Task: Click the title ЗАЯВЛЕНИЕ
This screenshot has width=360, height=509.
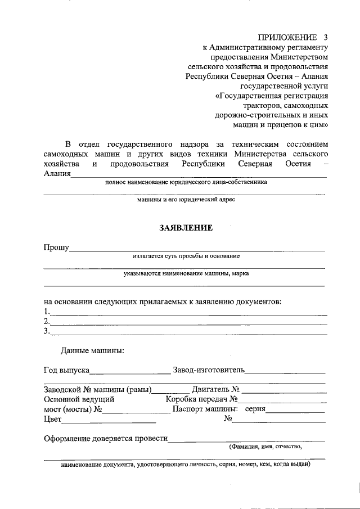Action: (x=185, y=228)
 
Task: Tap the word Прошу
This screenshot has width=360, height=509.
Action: (x=56, y=247)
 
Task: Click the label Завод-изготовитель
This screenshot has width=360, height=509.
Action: (x=209, y=370)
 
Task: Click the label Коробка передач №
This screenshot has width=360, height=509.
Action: (x=203, y=399)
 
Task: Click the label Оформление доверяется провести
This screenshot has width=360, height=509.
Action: (x=106, y=439)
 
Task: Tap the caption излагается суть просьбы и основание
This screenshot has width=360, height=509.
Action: (x=186, y=256)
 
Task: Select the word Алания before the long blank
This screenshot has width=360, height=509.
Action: (x=57, y=173)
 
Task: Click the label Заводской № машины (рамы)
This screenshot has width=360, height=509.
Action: (x=97, y=389)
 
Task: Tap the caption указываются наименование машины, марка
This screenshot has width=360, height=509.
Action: (x=186, y=274)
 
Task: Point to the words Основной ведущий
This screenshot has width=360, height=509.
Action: (x=79, y=399)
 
